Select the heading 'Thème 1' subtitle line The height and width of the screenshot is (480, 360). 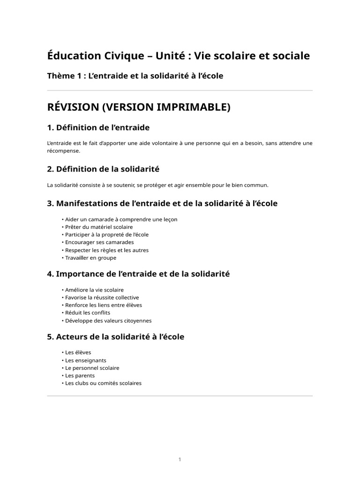[135, 76]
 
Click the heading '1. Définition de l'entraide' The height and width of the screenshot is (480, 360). [98, 127]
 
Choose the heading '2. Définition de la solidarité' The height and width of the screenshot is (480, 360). [104, 169]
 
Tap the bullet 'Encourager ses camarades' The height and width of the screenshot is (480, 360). [99, 242]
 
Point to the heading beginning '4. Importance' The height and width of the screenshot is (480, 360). [138, 274]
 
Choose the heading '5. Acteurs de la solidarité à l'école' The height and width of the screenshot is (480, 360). [116, 337]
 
